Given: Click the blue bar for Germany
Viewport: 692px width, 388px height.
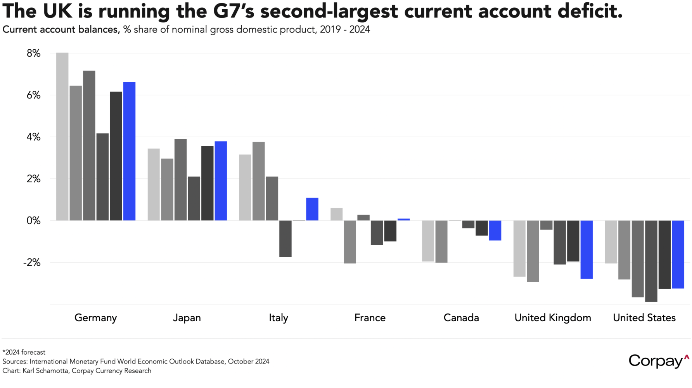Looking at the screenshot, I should coord(129,151).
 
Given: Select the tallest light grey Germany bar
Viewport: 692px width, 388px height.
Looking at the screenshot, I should coord(62,137).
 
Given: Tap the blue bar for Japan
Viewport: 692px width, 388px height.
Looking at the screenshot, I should coord(221,181).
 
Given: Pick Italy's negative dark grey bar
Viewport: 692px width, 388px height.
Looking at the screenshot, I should coord(285,239).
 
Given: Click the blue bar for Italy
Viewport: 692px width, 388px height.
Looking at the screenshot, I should coord(312,209).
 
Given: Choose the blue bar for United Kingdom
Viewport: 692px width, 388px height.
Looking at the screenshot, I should coord(586,249).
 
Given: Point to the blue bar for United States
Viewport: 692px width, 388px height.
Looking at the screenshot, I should coord(678,254).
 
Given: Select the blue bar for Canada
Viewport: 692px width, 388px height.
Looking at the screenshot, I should coord(495,230).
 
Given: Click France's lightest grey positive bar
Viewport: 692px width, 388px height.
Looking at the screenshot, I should coord(337,214).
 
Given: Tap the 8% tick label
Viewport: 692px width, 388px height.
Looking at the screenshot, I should coord(34,54).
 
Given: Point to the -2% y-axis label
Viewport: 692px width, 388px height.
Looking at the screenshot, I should coord(32,263).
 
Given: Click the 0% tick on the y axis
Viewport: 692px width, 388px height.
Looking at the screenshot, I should coord(34,221).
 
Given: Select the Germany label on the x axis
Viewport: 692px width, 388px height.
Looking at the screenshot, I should coord(95,318).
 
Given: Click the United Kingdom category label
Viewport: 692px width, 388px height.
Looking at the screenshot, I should coord(553,318).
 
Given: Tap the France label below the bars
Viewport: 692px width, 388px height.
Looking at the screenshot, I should coord(370,318).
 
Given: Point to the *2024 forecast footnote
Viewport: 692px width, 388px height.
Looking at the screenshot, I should coord(24,352).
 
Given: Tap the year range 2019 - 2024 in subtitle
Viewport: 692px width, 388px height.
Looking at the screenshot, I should coord(345,29).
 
